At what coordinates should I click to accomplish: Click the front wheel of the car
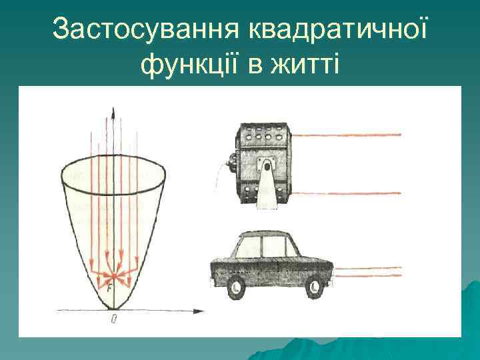313,287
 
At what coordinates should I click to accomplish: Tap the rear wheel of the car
235,287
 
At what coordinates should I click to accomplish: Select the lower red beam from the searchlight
347,193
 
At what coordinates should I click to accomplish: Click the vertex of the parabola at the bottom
114,309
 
